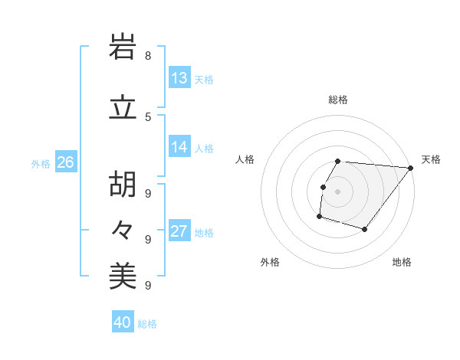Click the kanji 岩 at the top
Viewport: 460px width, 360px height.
(x=123, y=48)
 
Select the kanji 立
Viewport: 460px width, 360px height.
(x=123, y=108)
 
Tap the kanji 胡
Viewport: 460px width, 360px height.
(x=123, y=183)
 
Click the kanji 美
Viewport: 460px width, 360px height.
(x=123, y=277)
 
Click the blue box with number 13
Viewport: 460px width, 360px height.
(x=179, y=77)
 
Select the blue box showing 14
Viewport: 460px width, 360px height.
(x=179, y=147)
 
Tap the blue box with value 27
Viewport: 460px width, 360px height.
(x=179, y=231)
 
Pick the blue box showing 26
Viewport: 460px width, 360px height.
(x=65, y=162)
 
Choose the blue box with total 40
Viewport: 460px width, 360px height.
(x=123, y=322)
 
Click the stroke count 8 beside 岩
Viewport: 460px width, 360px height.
(x=148, y=56)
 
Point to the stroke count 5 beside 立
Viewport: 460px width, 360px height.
(x=148, y=116)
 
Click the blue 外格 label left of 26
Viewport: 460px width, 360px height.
(x=41, y=163)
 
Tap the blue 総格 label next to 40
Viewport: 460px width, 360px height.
(x=147, y=324)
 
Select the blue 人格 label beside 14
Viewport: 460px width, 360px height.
(x=204, y=149)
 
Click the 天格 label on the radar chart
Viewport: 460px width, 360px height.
(x=431, y=159)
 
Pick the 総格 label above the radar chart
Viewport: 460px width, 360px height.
(x=338, y=100)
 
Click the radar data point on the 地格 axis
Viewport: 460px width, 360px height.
(x=365, y=229)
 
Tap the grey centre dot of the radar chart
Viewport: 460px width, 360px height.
(x=337, y=191)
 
